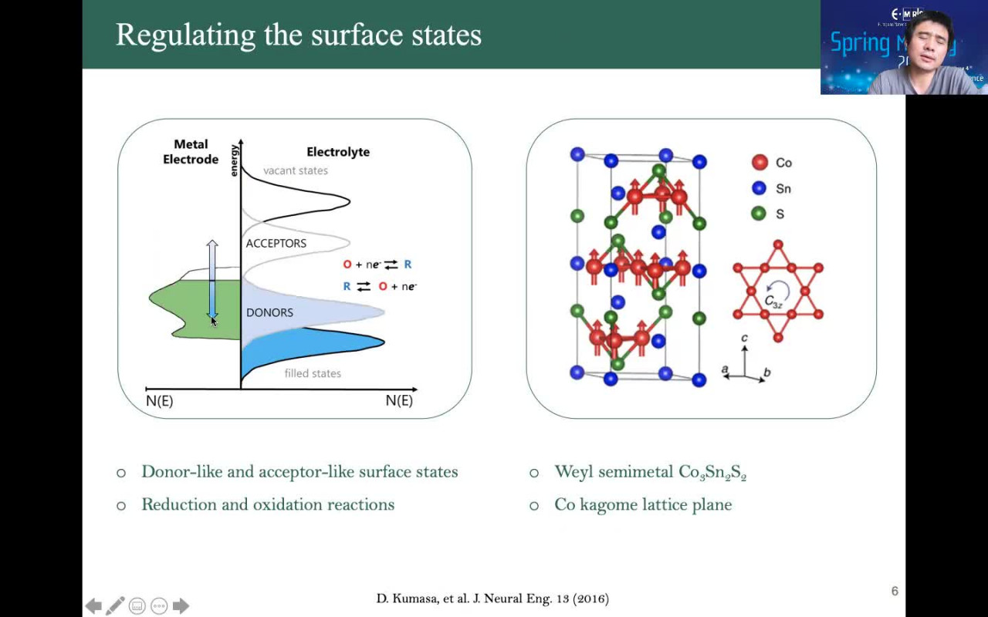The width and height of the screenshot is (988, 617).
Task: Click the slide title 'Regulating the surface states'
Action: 298,35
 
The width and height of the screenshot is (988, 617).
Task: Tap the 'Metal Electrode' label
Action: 191,152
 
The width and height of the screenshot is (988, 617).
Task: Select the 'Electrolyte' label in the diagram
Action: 338,152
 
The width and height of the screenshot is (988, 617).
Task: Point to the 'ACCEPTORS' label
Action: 276,243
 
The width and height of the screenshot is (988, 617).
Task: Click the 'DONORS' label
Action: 269,312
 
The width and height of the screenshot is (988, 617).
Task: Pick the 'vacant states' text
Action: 296,170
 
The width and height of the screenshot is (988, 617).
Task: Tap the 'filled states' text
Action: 313,373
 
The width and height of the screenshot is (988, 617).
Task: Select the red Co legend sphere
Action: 760,162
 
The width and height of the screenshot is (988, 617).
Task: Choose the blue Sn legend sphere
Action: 760,188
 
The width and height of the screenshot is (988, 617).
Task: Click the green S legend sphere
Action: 760,214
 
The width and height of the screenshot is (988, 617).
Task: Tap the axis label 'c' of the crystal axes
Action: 744,339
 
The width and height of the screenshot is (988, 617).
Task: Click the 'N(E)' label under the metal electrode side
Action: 159,401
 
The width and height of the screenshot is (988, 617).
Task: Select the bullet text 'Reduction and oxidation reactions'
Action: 268,504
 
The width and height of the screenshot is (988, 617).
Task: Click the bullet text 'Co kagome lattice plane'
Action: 643,504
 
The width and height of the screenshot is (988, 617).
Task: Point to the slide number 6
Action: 895,591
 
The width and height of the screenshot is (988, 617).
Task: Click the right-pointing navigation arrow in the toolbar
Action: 181,606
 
